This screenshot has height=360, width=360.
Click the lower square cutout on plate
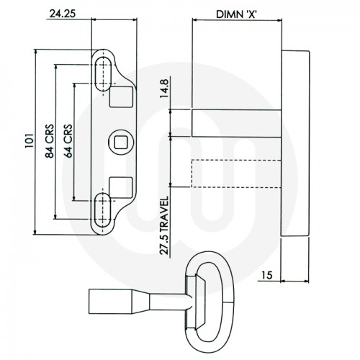[x=120, y=186]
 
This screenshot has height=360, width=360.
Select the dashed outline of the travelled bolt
[x=234, y=173]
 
